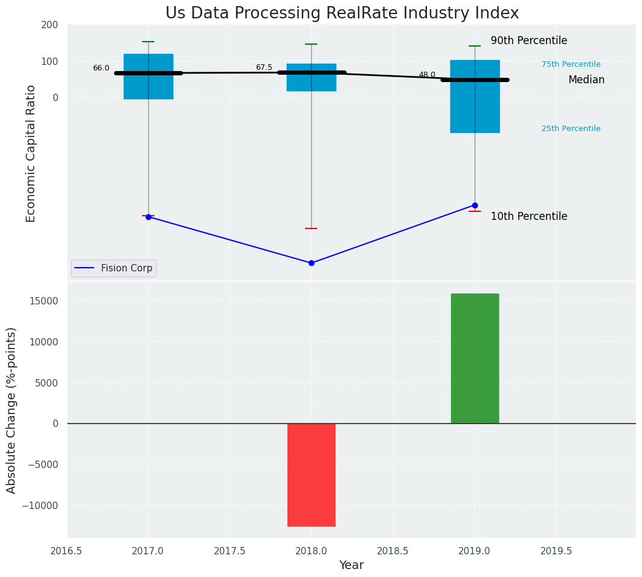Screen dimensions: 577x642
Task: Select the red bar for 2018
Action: point(311,475)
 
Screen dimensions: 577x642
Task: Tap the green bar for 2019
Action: point(475,358)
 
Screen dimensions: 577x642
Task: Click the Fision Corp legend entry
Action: point(114,268)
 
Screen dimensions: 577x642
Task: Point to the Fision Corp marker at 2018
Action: point(311,263)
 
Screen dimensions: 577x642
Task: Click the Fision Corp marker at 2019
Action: point(475,205)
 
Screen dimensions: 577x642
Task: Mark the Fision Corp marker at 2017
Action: point(148,217)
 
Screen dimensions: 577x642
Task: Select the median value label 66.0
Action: point(101,68)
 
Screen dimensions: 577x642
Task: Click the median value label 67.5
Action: point(264,67)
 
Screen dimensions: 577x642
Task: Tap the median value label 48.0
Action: point(427,75)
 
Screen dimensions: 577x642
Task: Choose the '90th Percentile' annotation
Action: point(529,41)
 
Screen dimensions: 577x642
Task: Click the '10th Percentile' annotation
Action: point(529,216)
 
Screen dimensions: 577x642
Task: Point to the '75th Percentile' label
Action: point(571,64)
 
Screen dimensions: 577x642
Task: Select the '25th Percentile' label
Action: point(571,129)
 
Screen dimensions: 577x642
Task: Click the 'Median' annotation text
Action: point(586,80)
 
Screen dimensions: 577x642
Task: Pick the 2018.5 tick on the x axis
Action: point(393,551)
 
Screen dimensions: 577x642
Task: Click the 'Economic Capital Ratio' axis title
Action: point(31,153)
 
